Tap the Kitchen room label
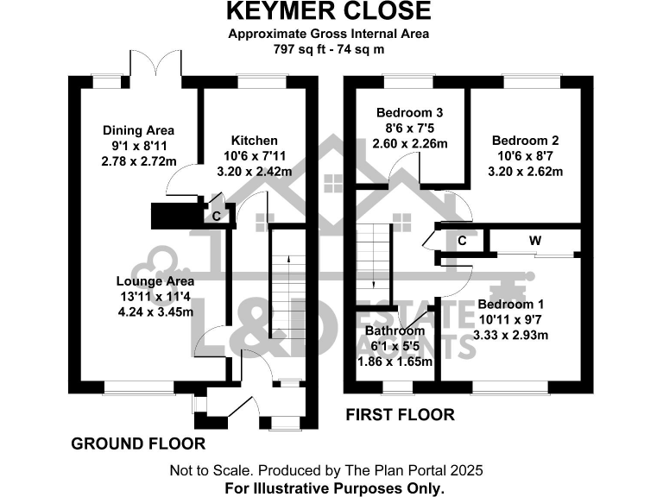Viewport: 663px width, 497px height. (254, 140)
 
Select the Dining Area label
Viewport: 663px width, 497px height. (138, 130)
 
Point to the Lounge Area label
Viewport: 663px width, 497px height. (155, 280)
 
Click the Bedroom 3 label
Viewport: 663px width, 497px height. (409, 113)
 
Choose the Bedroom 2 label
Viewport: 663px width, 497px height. (526, 140)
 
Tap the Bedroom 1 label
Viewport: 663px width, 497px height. (511, 305)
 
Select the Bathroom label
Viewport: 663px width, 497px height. (395, 330)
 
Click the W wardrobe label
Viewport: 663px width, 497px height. (534, 241)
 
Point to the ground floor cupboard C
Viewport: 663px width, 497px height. (217, 215)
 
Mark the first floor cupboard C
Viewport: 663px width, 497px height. (462, 241)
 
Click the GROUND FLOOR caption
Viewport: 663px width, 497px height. (138, 444)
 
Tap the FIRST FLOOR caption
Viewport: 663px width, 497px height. (400, 415)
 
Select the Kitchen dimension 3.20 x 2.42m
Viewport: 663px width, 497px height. (254, 171)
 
